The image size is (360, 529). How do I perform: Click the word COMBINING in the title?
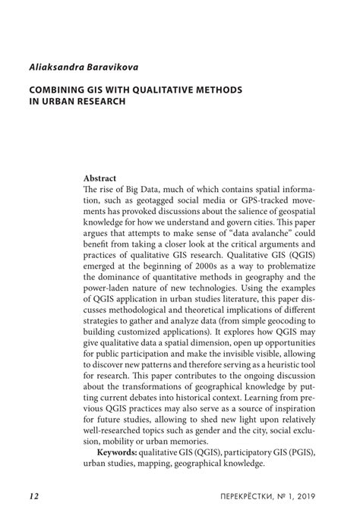[x=59, y=90]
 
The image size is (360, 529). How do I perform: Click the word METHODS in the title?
[x=219, y=90]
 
